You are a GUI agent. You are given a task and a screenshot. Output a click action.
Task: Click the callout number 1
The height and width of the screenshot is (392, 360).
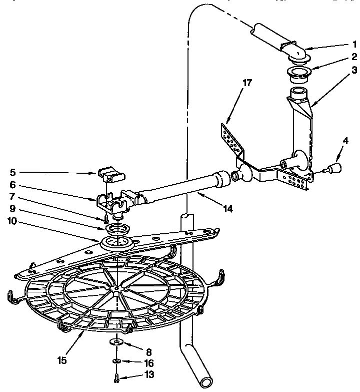(x=340, y=44)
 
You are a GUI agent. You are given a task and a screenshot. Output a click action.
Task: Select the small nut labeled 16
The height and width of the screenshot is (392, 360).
(x=116, y=360)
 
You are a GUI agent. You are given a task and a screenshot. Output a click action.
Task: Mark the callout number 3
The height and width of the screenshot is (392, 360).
(x=340, y=69)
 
